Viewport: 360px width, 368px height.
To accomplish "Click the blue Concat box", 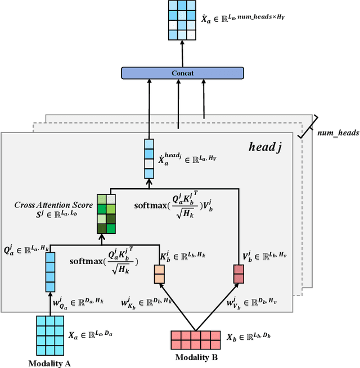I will [182, 72].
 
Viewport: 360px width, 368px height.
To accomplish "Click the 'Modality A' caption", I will [49, 363].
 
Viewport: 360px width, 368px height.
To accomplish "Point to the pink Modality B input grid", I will [196, 339].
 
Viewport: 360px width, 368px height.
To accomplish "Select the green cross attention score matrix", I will [106, 214].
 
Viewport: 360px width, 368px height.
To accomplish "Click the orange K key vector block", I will [160, 274].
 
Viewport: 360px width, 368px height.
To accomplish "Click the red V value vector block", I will [239, 274].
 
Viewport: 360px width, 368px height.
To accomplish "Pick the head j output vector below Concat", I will [150, 159].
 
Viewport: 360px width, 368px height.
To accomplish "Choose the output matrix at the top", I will [182, 20].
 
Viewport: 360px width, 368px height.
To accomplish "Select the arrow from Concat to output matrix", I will [182, 53].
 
